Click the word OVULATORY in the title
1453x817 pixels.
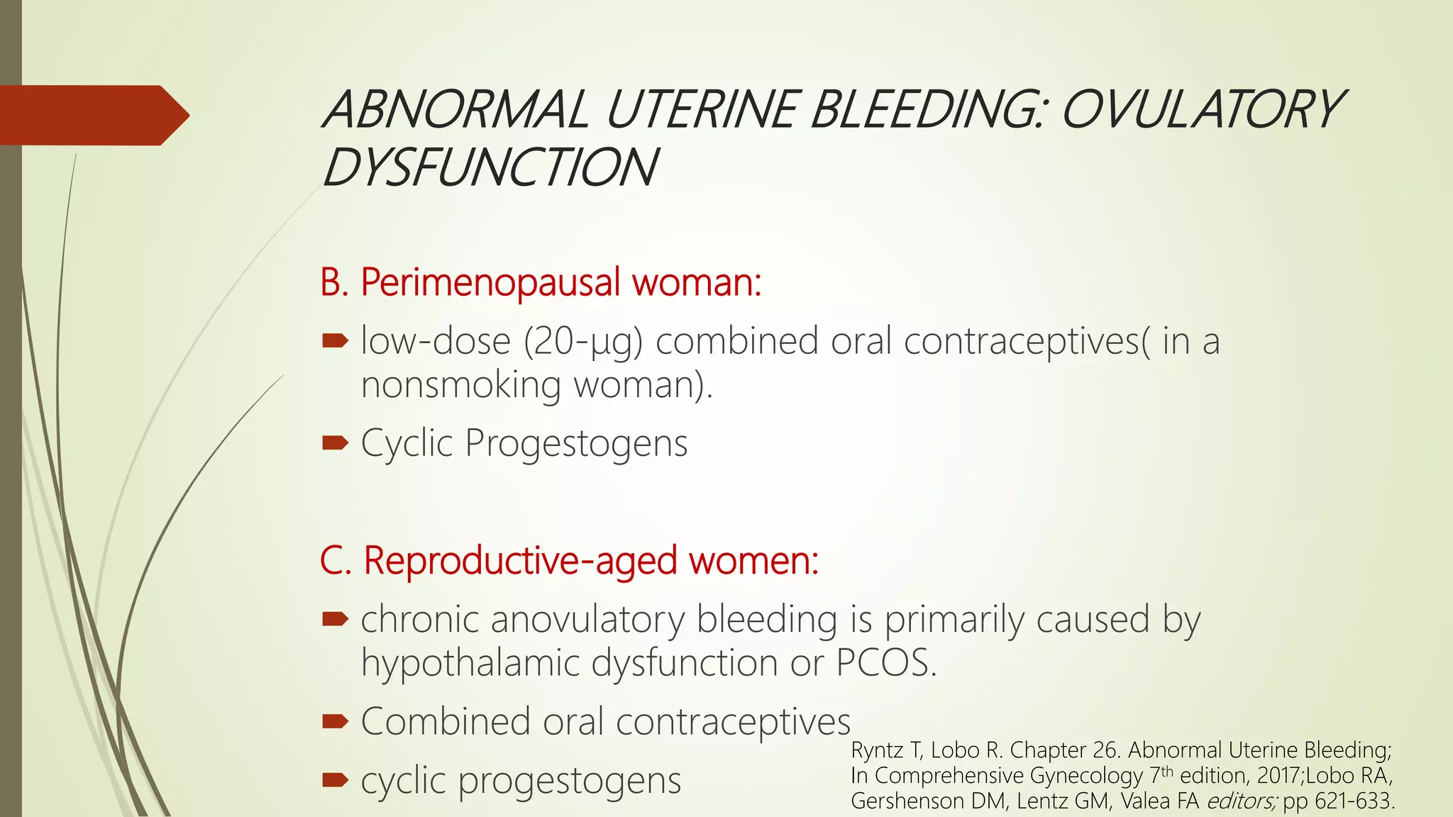[x=1200, y=110]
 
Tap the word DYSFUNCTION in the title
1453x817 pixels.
[x=490, y=168]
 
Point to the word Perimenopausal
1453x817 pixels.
[x=490, y=282]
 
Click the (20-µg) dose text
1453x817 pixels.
[x=582, y=341]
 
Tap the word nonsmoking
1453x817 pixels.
[x=461, y=385]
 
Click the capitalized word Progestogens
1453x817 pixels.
[x=576, y=443]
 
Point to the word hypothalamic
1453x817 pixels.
[x=470, y=663]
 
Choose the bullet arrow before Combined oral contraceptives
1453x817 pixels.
[x=335, y=722]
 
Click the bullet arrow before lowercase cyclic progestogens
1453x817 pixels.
[x=335, y=781]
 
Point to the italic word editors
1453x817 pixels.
[x=1241, y=801]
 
